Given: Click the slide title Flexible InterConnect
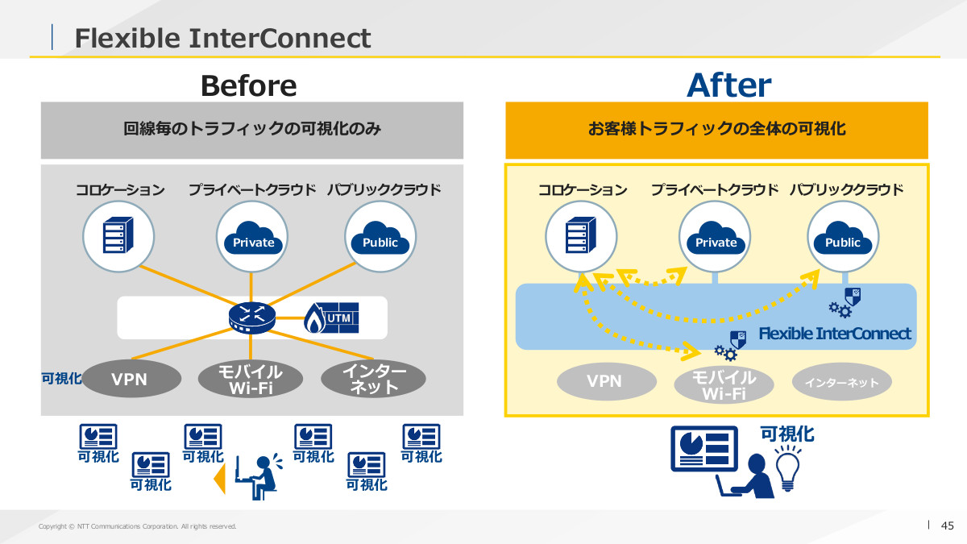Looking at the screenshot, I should click(222, 38).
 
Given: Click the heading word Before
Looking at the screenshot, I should click(248, 85).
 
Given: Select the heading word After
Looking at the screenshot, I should click(728, 85).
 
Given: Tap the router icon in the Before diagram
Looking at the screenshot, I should click(251, 318).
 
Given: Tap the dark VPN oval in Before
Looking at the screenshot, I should click(129, 379).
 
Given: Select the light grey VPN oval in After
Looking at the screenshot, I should click(604, 381).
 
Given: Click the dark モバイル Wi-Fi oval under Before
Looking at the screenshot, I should click(251, 380).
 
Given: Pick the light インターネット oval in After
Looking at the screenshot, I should click(842, 383).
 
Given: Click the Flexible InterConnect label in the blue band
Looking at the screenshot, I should click(835, 334).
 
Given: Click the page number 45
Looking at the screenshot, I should click(948, 525).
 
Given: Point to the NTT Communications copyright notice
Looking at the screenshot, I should click(138, 526).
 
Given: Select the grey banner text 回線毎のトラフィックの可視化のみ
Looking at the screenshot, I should click(252, 129).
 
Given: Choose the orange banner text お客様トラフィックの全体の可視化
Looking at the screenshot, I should click(716, 129).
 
